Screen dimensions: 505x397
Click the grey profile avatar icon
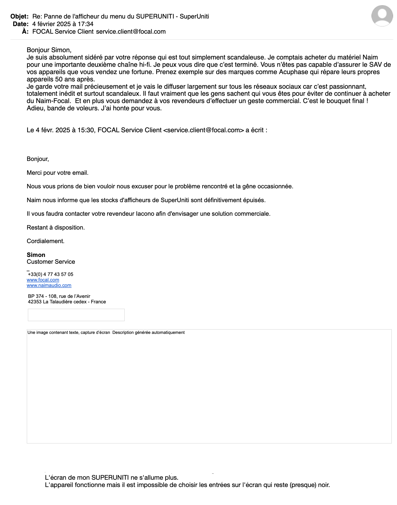coord(382,16)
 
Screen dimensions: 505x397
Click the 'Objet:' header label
coord(20,16)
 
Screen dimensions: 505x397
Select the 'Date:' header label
coord(21,24)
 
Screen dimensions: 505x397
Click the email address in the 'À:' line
coord(131,32)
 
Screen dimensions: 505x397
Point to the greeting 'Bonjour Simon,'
coord(49,50)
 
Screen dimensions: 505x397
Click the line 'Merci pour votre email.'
coord(57,173)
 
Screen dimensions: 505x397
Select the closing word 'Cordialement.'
coord(45,241)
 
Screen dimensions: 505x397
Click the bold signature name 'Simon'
coord(36,255)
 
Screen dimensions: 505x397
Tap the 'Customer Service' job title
coord(51,262)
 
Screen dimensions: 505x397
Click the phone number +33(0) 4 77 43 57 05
coord(51,274)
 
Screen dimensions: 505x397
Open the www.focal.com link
coord(43,280)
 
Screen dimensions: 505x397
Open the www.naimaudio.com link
coord(49,285)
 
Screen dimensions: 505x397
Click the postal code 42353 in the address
coord(35,302)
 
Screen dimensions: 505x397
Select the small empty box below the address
coord(76,315)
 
